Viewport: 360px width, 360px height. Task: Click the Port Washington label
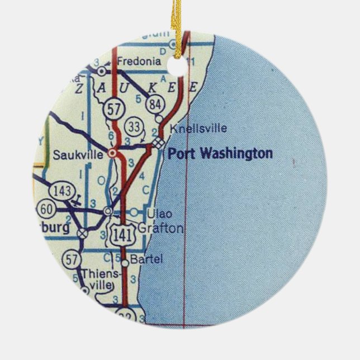click(220, 153)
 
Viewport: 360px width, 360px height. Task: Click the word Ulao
click(158, 213)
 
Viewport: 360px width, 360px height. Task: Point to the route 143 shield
click(62, 191)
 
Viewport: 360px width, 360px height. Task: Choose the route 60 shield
click(46, 210)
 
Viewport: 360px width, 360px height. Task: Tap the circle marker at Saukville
click(113, 151)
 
